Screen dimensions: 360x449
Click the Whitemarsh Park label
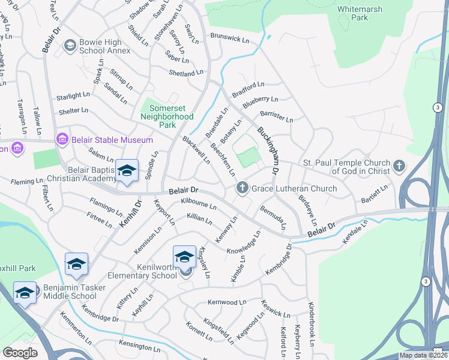tap(359, 13)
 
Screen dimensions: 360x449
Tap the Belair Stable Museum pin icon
tap(61, 140)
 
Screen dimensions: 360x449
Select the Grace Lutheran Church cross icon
tap(243, 188)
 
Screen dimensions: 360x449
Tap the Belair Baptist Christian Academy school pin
tap(127, 172)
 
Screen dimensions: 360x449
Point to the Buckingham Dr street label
tap(268, 151)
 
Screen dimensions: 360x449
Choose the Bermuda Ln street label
tap(273, 217)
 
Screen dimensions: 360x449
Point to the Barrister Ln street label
tap(276, 116)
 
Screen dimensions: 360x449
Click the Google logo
tap(20, 353)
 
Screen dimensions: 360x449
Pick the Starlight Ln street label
tap(73, 96)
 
